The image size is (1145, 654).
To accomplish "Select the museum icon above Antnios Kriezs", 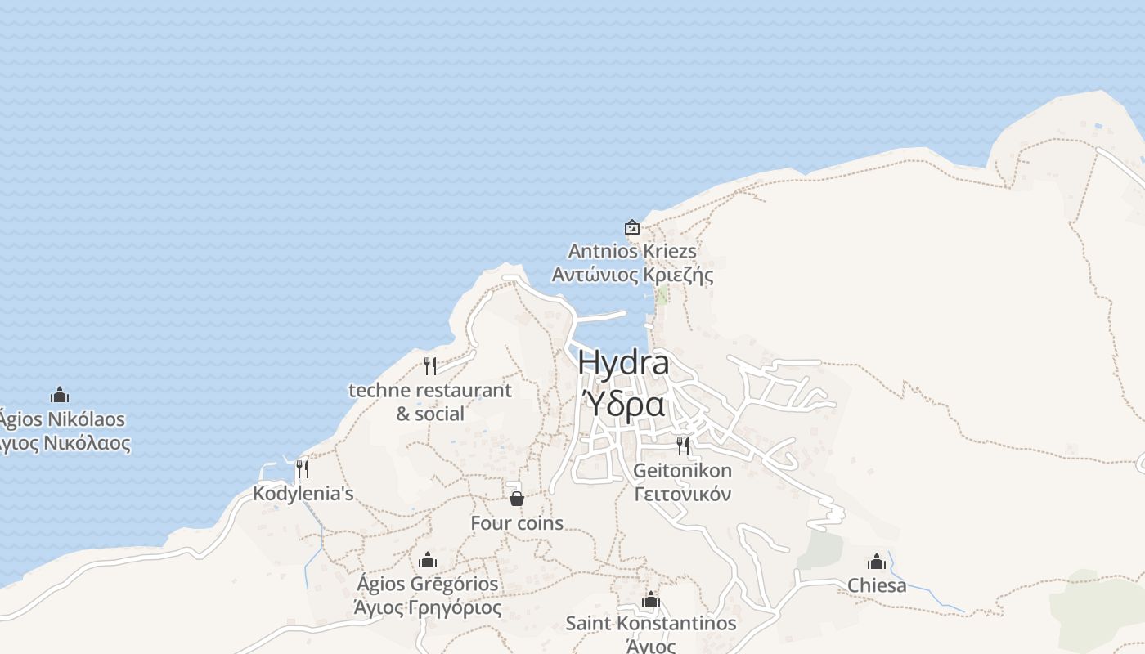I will [x=631, y=227].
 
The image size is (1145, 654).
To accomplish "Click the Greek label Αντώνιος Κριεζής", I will [x=632, y=275].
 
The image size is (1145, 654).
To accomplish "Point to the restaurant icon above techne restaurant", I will [x=430, y=365].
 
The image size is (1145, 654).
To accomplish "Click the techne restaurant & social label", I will [x=430, y=401].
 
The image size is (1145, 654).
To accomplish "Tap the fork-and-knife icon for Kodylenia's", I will [x=303, y=468].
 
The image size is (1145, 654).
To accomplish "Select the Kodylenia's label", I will [x=303, y=494].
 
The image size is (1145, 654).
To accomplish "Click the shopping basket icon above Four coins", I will [x=517, y=498].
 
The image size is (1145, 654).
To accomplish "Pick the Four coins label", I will [x=517, y=523].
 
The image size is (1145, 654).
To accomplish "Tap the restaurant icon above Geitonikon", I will [x=682, y=446].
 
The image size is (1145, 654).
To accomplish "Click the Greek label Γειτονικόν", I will [x=682, y=495].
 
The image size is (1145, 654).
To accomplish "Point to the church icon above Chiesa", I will [x=877, y=562].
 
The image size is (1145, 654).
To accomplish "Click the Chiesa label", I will [x=877, y=585].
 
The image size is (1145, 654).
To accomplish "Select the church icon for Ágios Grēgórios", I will [x=427, y=560].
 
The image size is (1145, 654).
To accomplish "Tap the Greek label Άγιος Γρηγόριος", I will [x=427, y=608].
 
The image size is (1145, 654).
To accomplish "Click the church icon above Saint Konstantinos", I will [x=651, y=600].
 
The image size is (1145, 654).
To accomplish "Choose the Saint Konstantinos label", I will [x=651, y=624].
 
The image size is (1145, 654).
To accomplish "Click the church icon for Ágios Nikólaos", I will [x=60, y=396].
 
